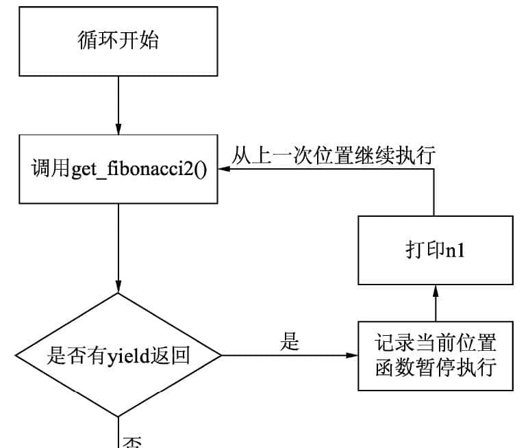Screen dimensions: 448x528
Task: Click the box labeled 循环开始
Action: click(x=118, y=41)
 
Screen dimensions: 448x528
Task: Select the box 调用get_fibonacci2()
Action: click(x=118, y=169)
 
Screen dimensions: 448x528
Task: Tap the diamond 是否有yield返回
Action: click(x=118, y=356)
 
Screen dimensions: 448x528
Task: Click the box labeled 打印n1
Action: click(x=435, y=250)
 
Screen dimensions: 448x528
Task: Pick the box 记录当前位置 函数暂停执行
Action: click(x=435, y=356)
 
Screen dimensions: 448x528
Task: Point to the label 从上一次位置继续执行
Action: click(x=333, y=155)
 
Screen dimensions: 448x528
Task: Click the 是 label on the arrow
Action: click(x=290, y=342)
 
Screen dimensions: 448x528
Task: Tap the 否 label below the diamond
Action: click(x=131, y=441)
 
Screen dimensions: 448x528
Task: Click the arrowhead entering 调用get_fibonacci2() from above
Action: click(x=118, y=129)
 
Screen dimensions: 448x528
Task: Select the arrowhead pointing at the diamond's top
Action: click(x=118, y=287)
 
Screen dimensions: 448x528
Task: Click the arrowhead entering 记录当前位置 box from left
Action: click(x=353, y=356)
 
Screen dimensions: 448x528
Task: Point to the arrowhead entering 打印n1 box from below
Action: click(x=435, y=290)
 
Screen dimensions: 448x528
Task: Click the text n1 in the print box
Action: click(x=455, y=251)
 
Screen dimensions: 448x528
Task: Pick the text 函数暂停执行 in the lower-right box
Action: click(x=435, y=368)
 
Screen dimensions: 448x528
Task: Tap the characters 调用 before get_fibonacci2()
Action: click(x=51, y=169)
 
